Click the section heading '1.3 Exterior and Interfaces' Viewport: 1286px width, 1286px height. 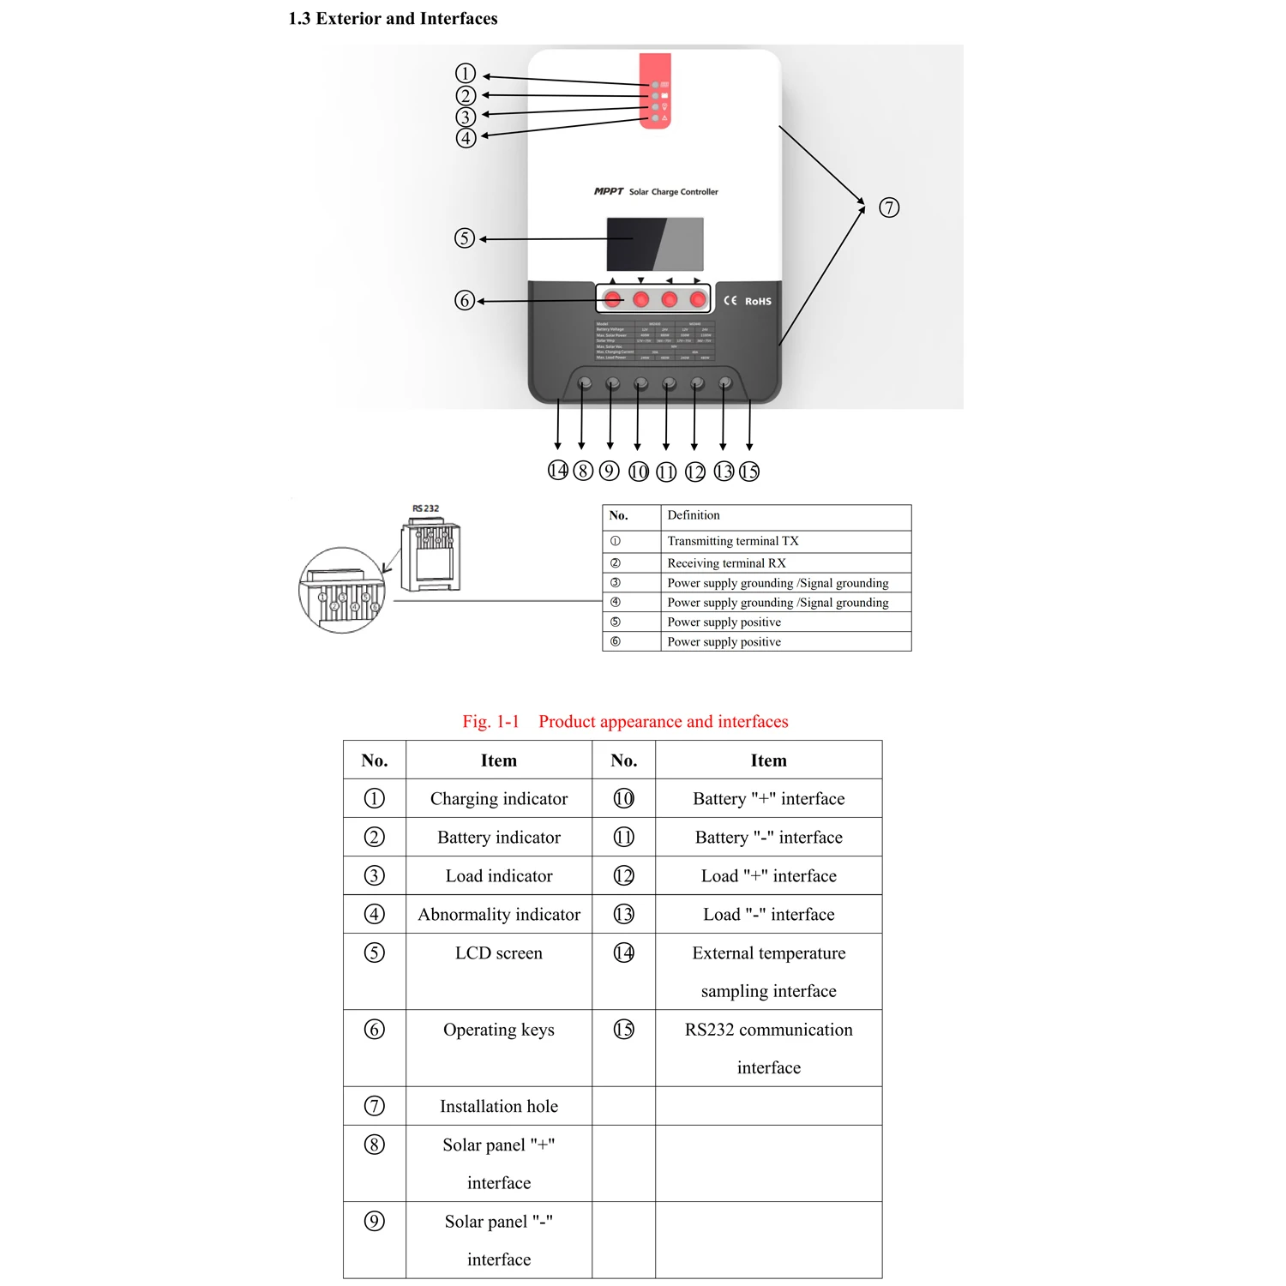pos(393,19)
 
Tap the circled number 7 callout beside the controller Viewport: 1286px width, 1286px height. pos(889,207)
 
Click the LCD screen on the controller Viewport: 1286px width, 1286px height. pos(655,243)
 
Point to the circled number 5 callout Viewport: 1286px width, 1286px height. pos(464,238)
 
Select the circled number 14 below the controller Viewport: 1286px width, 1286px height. pos(558,471)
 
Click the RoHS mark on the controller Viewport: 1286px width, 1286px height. pos(757,301)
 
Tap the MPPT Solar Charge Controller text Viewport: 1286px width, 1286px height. pos(656,192)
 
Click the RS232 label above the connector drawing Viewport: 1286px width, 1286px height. pos(425,508)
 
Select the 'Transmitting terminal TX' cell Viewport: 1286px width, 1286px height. pos(733,541)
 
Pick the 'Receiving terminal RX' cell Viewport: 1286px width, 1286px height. pos(726,563)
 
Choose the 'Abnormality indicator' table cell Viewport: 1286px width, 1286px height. pos(499,915)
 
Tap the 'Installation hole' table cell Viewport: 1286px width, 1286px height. pos(499,1107)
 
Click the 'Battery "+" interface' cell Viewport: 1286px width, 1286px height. pos(768,799)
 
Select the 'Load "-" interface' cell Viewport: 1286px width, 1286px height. pos(768,915)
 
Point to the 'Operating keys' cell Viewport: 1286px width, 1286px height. pos(499,1030)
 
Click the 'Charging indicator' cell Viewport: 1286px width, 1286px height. pos(499,799)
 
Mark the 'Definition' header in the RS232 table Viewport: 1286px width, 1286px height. pos(694,515)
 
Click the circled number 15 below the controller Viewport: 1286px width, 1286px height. pos(749,472)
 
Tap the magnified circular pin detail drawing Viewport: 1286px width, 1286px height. pos(342,591)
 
